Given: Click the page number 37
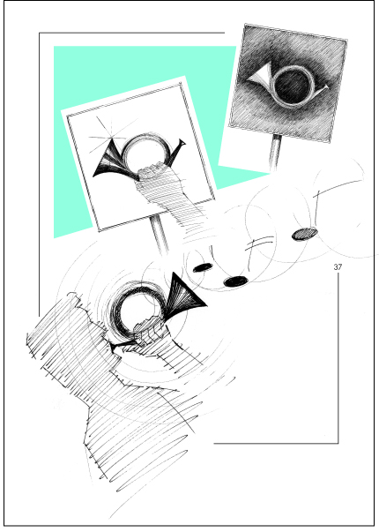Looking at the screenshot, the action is pos(338,267).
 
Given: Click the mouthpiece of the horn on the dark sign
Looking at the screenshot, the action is pos(324,87).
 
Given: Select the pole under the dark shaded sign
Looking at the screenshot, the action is pos(276,153).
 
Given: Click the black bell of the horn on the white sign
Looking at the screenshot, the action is pos(108,160).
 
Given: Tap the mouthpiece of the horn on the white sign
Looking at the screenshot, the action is pos(182,143).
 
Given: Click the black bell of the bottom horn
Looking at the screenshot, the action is pos(186,292).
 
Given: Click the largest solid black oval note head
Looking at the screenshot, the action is pos(236,281).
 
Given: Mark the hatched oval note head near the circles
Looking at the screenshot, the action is pos(305,234).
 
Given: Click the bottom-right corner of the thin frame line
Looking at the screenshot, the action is pos(338,443).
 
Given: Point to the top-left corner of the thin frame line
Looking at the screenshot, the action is pos(40,33).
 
